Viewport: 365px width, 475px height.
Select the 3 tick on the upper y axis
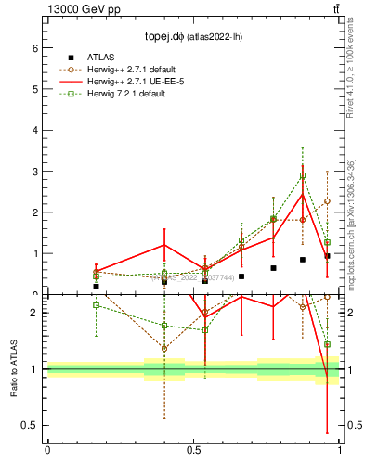click(36, 172)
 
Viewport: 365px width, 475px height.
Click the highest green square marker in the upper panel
click(303, 175)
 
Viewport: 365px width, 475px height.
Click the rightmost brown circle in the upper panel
click(327, 200)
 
